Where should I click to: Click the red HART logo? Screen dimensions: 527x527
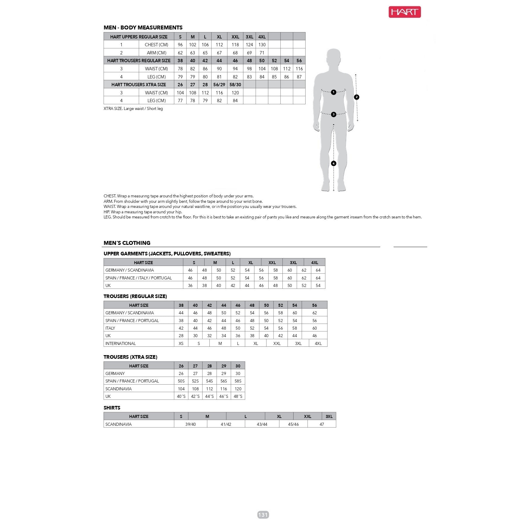[x=404, y=12]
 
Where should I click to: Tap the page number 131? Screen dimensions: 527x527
[x=263, y=515]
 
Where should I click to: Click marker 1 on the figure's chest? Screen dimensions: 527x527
[x=334, y=92]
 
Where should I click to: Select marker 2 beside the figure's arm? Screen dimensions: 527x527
[x=357, y=97]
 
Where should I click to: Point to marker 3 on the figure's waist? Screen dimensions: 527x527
[x=334, y=114]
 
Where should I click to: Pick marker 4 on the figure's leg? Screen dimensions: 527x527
[x=334, y=163]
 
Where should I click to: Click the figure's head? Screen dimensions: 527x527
[x=334, y=57]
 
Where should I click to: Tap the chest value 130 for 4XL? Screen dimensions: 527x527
[x=262, y=45]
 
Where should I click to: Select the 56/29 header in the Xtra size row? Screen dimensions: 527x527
[x=219, y=85]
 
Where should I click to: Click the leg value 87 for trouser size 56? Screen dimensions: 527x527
[x=299, y=77]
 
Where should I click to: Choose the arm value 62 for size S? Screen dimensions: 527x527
[x=180, y=53]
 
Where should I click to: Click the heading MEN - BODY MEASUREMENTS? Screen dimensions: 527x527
[x=143, y=28]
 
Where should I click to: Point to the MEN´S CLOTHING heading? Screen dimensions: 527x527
[x=127, y=243]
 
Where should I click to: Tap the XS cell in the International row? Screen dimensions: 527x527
[x=181, y=343]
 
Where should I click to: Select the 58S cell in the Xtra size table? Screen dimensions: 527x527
[x=238, y=381]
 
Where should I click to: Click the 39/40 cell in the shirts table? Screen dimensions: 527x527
[x=190, y=424]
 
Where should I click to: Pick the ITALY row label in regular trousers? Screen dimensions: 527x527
[x=110, y=328]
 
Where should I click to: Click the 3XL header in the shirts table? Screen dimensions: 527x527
[x=329, y=416]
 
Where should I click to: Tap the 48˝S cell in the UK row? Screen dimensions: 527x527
[x=238, y=396]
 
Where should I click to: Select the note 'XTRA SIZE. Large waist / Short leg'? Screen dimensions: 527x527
[x=133, y=109]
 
